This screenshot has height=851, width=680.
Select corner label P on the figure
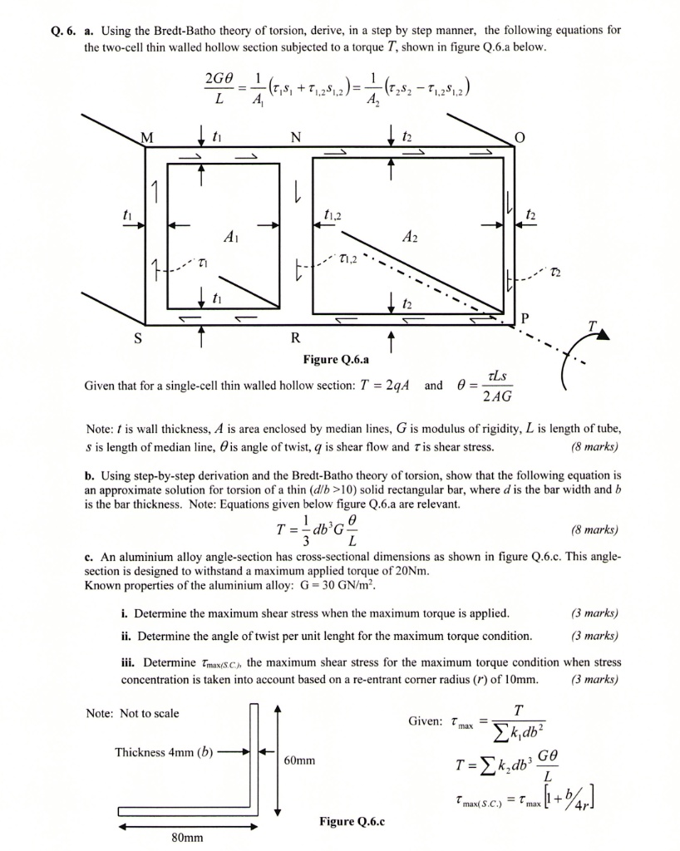pos(523,318)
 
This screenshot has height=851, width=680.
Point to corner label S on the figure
pos(138,339)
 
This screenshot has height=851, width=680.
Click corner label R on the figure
pos(296,339)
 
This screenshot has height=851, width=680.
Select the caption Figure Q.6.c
pos(352,822)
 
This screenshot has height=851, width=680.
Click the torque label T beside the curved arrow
pos(593,327)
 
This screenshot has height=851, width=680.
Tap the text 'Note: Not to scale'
pos(132,713)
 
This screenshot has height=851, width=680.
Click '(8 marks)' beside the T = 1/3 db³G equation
pos(594,529)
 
